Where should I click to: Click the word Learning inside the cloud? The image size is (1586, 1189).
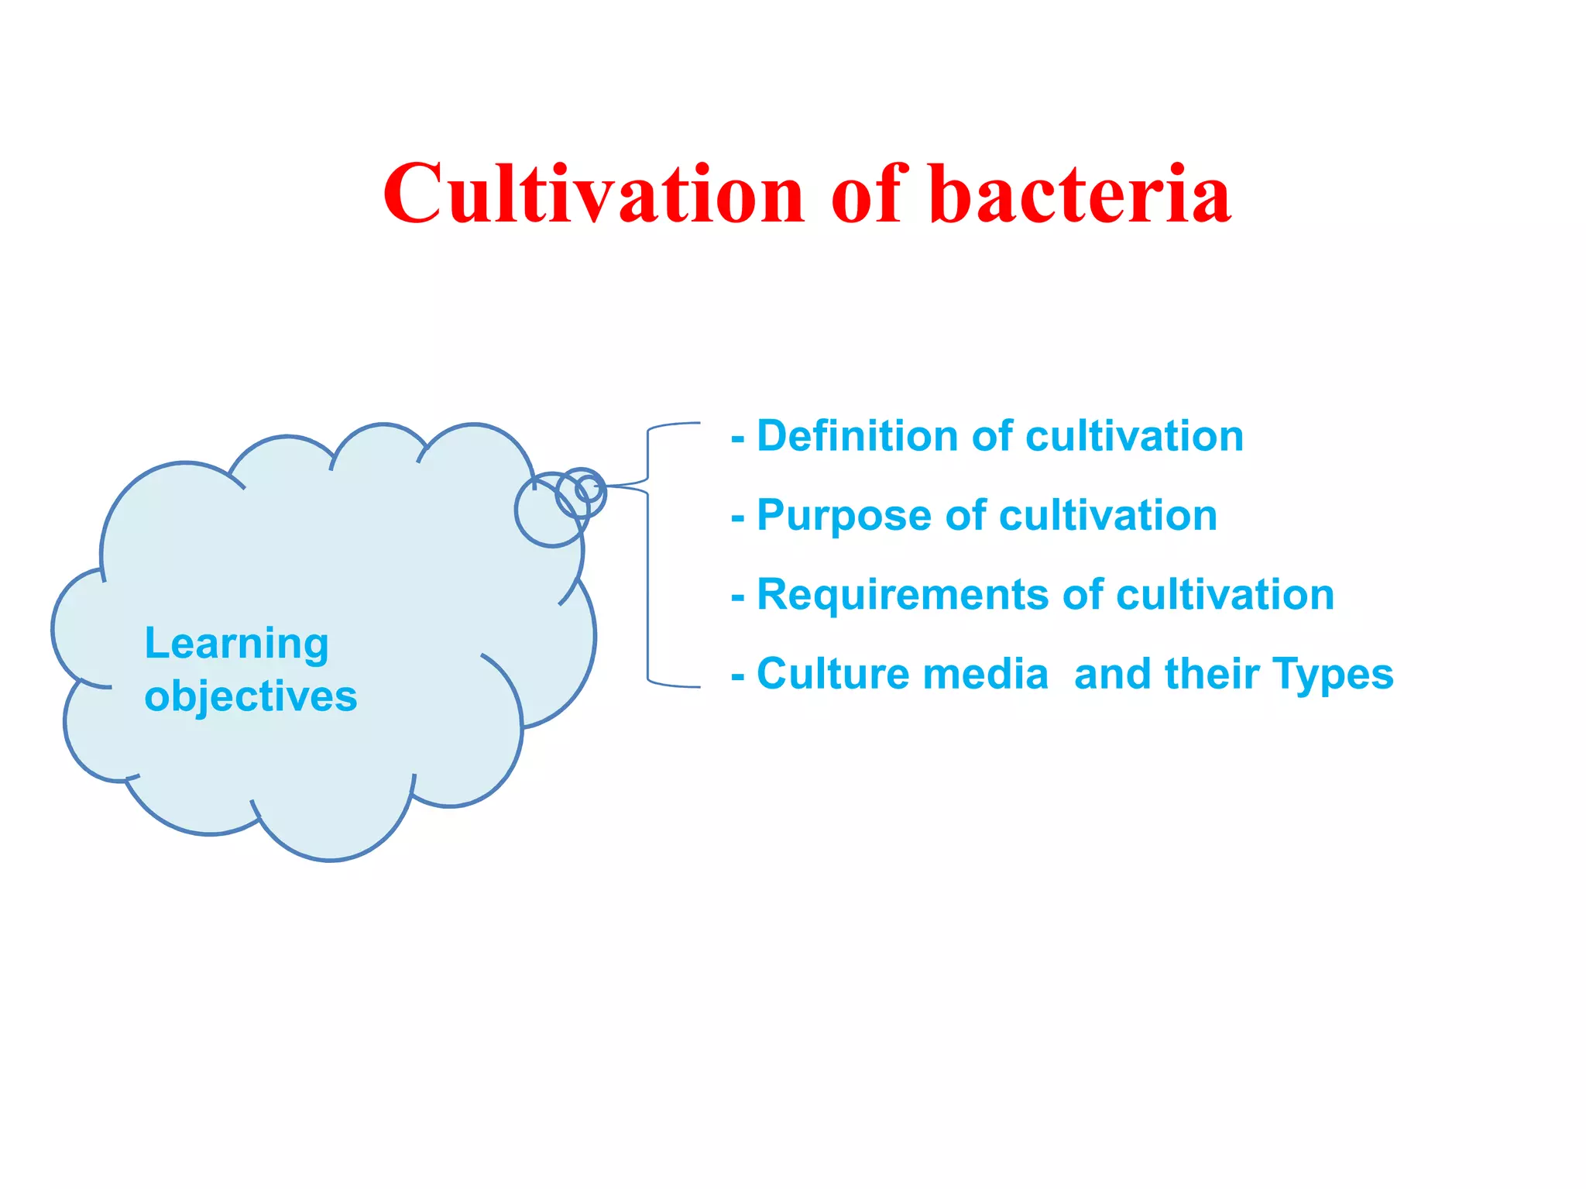(x=237, y=644)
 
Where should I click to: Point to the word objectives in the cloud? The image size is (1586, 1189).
(x=251, y=696)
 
